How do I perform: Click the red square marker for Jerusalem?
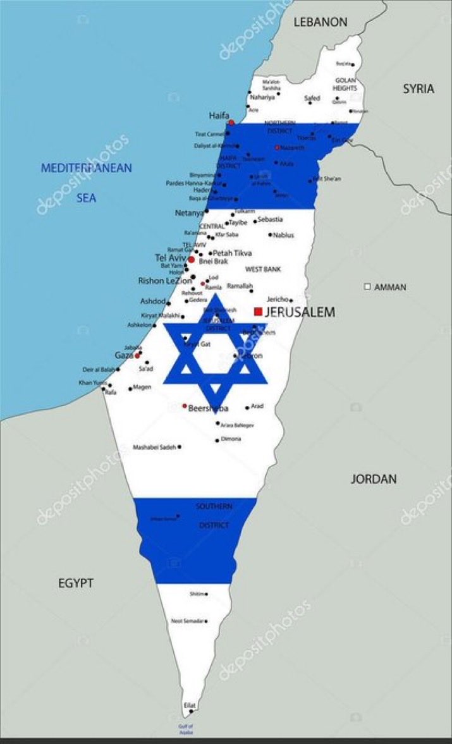click(258, 311)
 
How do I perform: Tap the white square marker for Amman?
click(367, 287)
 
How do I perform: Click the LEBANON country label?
click(321, 22)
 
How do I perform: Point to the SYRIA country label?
click(418, 89)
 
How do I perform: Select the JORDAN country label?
click(374, 479)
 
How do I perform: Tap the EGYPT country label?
click(76, 583)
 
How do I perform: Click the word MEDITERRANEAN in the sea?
click(87, 168)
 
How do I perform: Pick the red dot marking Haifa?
click(231, 122)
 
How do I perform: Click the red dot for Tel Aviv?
click(191, 259)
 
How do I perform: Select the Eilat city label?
click(190, 705)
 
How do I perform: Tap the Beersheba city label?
click(208, 408)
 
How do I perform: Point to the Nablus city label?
click(284, 235)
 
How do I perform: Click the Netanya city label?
click(189, 214)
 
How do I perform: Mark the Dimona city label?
click(231, 439)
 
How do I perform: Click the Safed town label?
click(312, 99)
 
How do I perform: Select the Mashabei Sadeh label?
click(154, 447)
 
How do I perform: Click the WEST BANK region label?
click(263, 269)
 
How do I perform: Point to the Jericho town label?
click(277, 299)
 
